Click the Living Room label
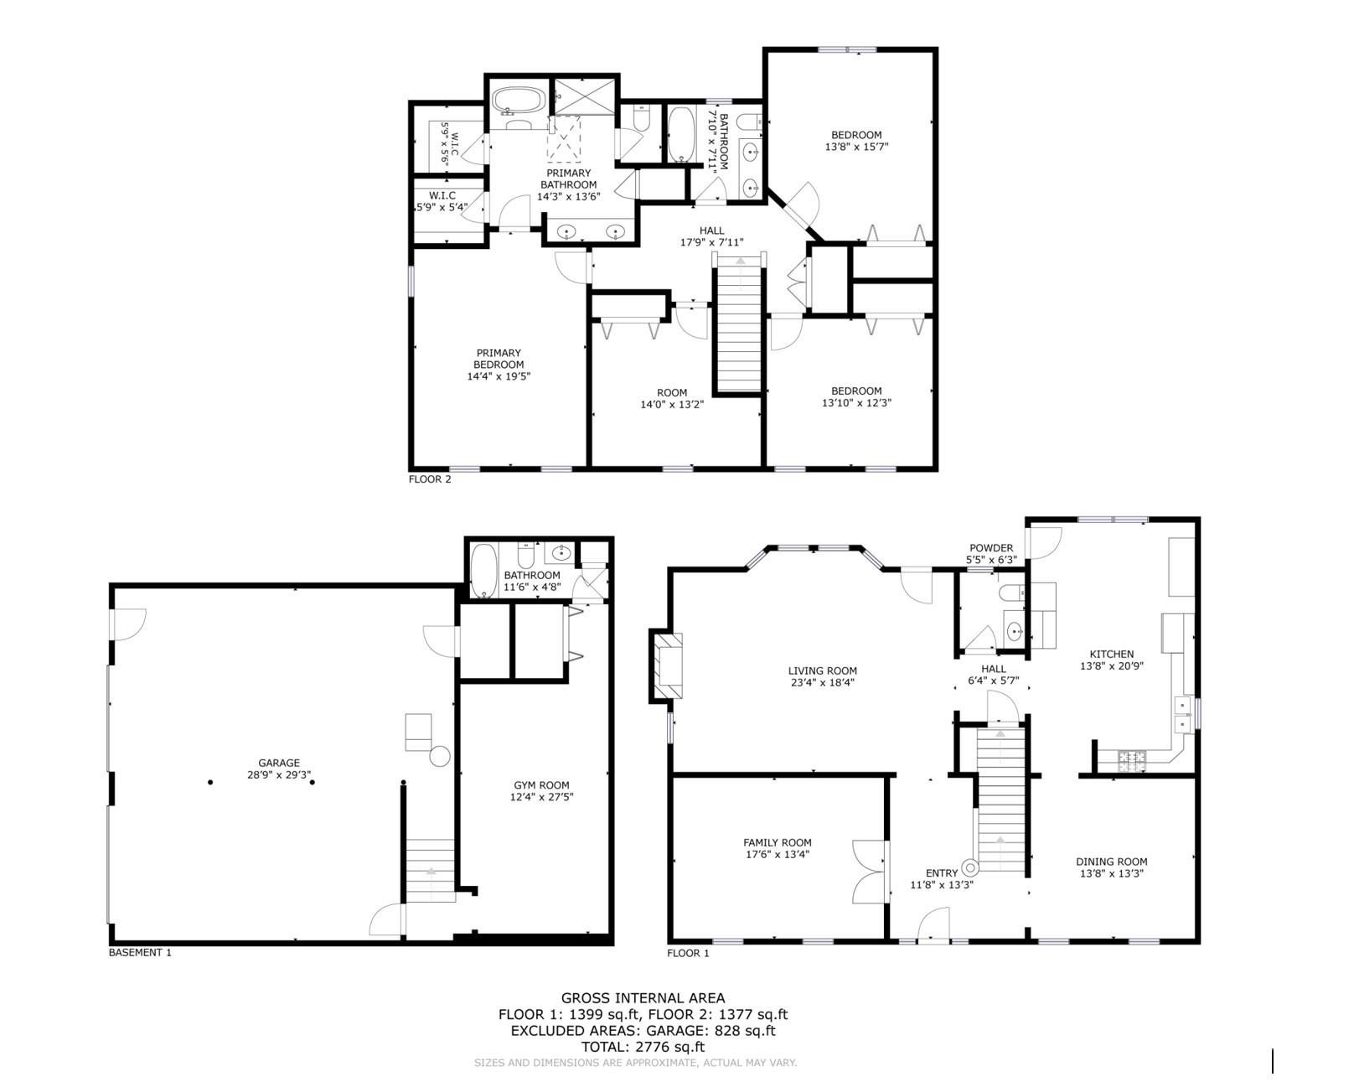(x=822, y=670)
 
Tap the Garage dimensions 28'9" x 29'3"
(x=279, y=775)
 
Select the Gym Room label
(x=541, y=785)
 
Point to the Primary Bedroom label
(x=499, y=359)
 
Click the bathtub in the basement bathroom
(x=483, y=570)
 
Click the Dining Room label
(x=1111, y=862)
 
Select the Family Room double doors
(x=868, y=872)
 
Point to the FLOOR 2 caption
(x=430, y=479)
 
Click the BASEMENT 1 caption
(x=140, y=952)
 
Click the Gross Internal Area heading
(x=643, y=997)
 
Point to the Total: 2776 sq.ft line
(x=643, y=1047)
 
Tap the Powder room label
(x=991, y=548)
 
